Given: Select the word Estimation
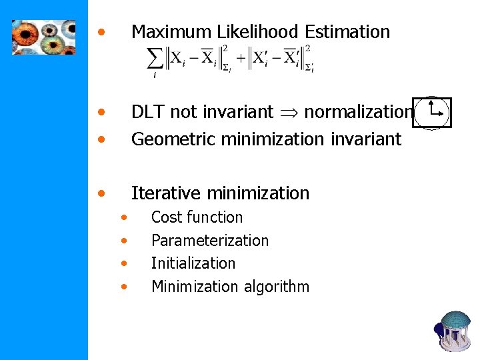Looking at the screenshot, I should tap(347, 31).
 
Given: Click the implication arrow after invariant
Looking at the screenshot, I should tap(289, 113).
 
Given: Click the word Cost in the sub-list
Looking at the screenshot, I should tap(167, 217).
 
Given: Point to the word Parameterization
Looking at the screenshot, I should tap(210, 240).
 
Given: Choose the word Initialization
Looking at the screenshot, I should tap(193, 263).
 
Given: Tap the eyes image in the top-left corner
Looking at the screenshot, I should tap(43, 36).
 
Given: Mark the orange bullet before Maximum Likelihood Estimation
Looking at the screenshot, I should tap(101, 31).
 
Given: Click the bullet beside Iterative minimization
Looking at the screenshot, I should tap(101, 193).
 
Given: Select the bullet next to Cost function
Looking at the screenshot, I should tap(123, 217).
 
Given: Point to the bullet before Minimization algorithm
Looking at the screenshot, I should tap(123, 287).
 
